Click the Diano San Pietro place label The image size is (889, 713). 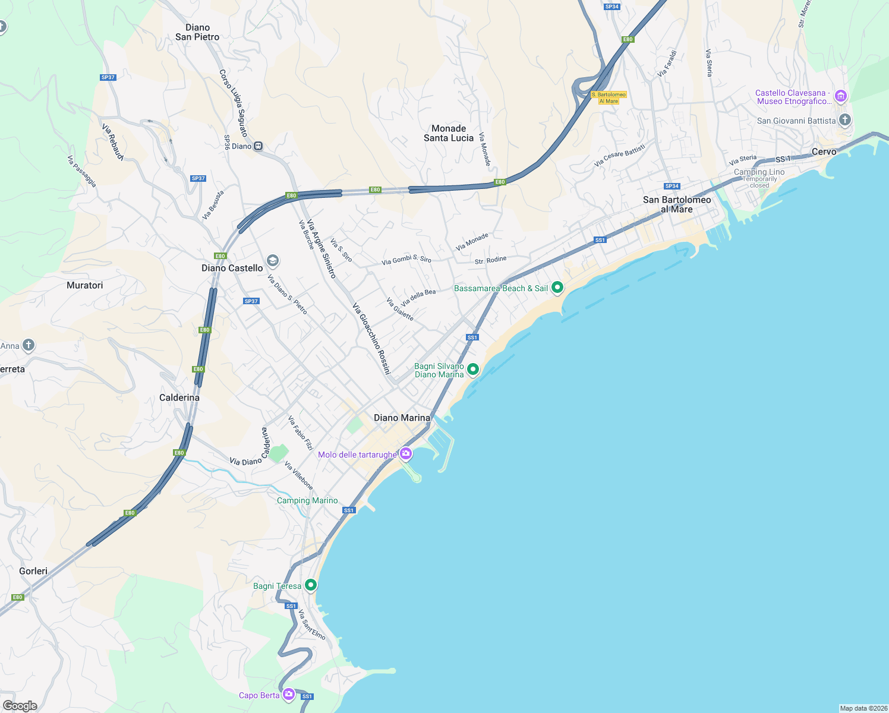pyautogui.click(x=197, y=32)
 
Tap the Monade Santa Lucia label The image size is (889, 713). pyautogui.click(x=449, y=133)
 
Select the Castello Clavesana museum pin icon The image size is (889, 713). pyautogui.click(x=840, y=96)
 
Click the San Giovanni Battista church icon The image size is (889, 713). pyautogui.click(x=844, y=120)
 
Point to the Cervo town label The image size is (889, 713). pyautogui.click(x=824, y=152)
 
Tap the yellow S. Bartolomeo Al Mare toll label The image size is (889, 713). pyautogui.click(x=609, y=98)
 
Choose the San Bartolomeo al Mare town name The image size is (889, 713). pyautogui.click(x=677, y=204)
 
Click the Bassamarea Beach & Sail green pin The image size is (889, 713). pyautogui.click(x=557, y=288)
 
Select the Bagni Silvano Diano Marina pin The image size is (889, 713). pyautogui.click(x=473, y=370)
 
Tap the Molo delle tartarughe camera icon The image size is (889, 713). pyautogui.click(x=406, y=454)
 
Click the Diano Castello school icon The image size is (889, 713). pyautogui.click(x=272, y=260)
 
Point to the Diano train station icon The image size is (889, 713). pyautogui.click(x=258, y=146)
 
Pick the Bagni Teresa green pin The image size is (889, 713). pyautogui.click(x=310, y=585)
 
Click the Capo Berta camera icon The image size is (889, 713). pyautogui.click(x=289, y=694)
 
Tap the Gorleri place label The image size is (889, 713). pyautogui.click(x=33, y=571)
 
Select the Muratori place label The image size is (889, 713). pyautogui.click(x=84, y=285)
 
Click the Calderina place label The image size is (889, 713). pyautogui.click(x=179, y=397)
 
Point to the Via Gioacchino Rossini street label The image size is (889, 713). pyautogui.click(x=371, y=339)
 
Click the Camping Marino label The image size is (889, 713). pyautogui.click(x=307, y=500)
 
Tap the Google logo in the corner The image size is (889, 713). pyautogui.click(x=20, y=706)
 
